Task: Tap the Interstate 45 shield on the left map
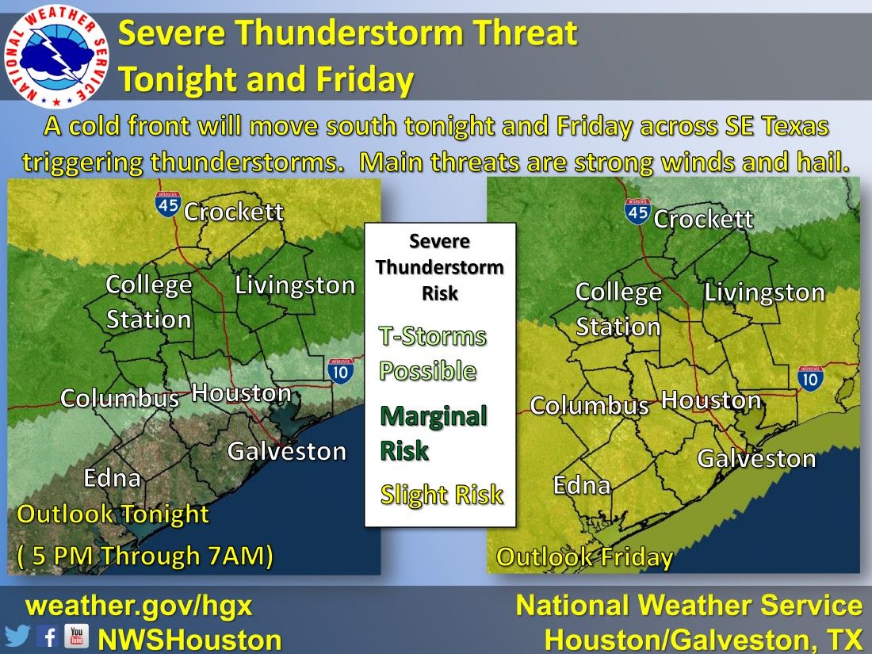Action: (167, 203)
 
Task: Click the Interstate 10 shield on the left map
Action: (341, 371)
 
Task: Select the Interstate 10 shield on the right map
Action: (811, 378)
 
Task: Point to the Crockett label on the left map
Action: (233, 212)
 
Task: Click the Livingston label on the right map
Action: (764, 293)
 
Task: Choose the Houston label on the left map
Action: (242, 393)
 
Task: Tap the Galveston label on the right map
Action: (756, 458)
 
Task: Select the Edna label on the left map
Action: (113, 478)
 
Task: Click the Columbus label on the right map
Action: (589, 406)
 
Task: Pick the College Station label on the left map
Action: (149, 302)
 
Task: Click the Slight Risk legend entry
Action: (442, 495)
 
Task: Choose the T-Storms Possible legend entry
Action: (432, 354)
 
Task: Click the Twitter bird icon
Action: (17, 637)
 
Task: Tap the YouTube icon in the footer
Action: (76, 636)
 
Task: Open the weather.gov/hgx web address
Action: (140, 606)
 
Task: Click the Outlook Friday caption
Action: (584, 557)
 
